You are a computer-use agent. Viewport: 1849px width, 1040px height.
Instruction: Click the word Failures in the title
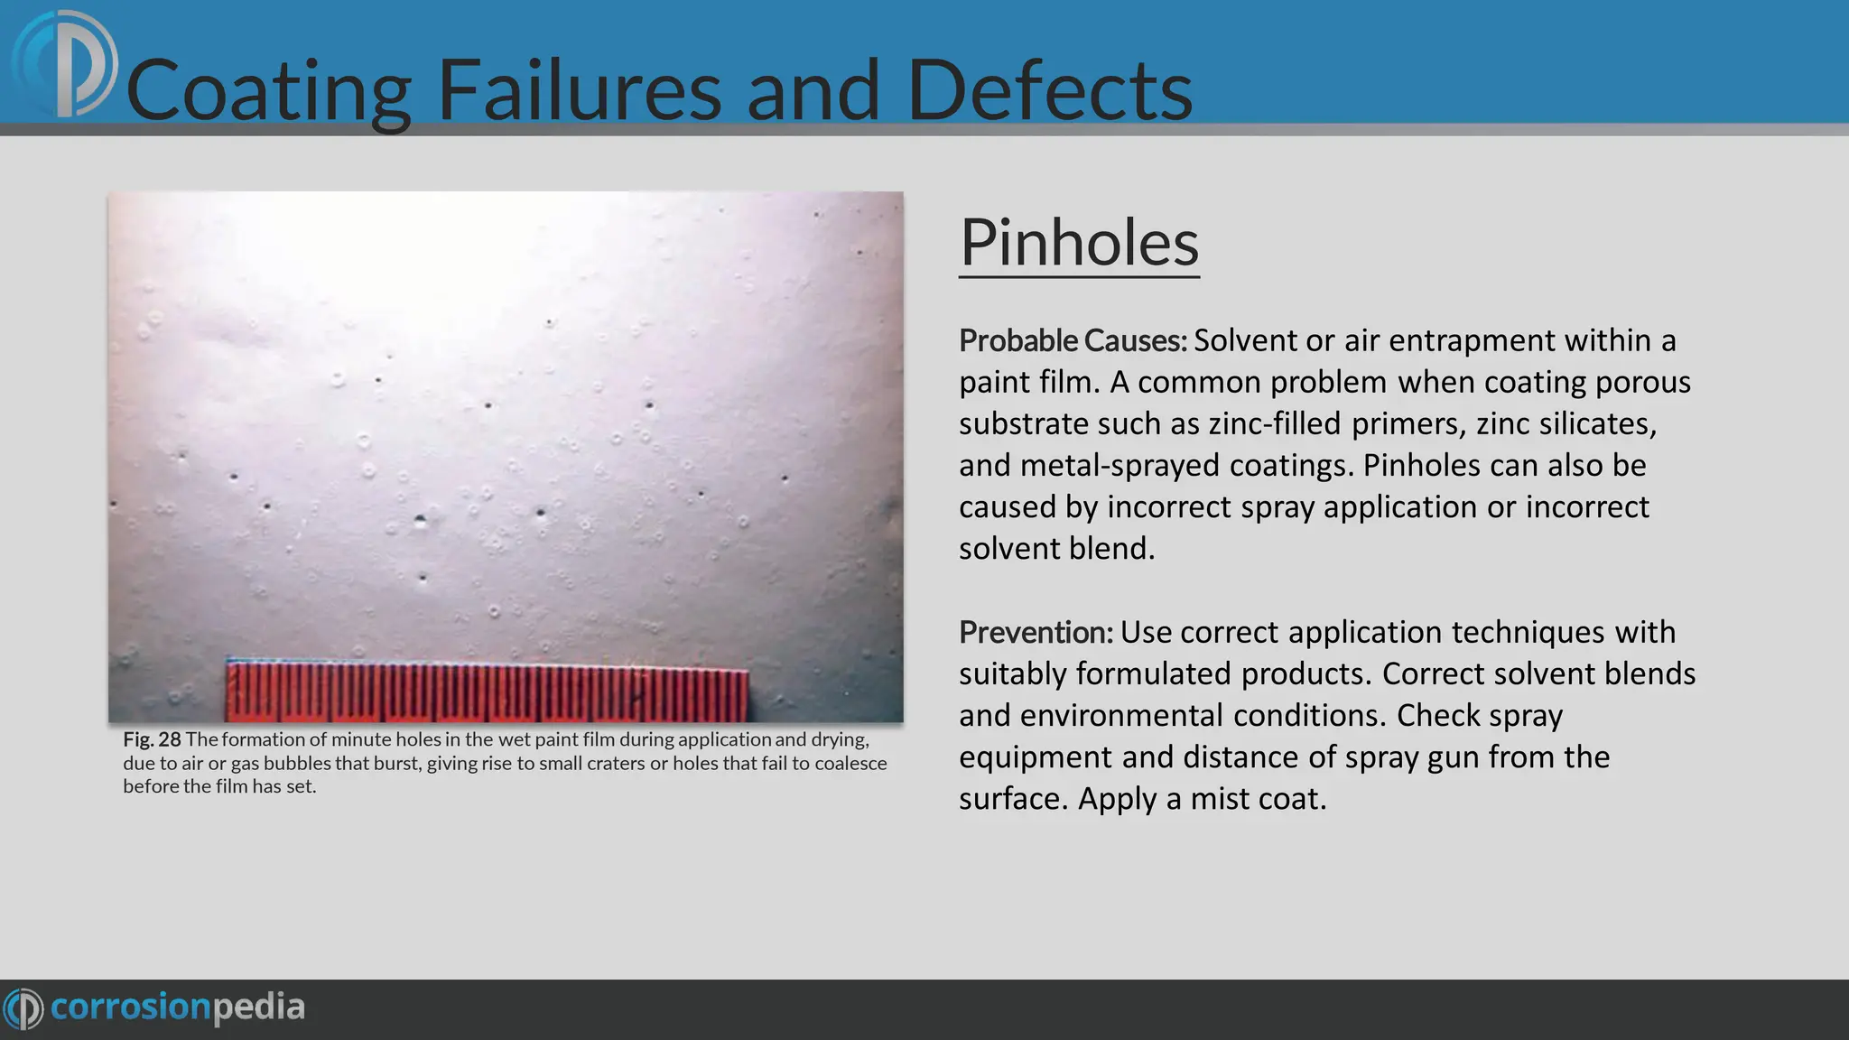pos(579,90)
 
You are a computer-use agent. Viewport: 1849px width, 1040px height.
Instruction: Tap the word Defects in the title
pos(1049,90)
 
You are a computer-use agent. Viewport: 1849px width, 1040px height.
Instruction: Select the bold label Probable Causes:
pos(1073,340)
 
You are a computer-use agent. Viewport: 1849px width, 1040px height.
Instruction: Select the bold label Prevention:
pos(1036,632)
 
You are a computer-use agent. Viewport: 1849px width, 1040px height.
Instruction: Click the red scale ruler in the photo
pos(488,692)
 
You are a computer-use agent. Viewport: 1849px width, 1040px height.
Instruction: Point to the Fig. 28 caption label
pos(152,739)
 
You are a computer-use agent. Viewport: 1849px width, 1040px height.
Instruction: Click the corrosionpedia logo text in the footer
pos(177,1007)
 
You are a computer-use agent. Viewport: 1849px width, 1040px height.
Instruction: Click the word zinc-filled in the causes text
pos(1275,423)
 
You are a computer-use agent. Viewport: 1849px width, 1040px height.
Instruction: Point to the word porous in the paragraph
pos(1642,382)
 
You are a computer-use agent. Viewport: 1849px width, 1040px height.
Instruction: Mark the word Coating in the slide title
pos(269,90)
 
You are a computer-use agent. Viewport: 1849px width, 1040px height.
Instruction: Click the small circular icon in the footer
pos(23,1007)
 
